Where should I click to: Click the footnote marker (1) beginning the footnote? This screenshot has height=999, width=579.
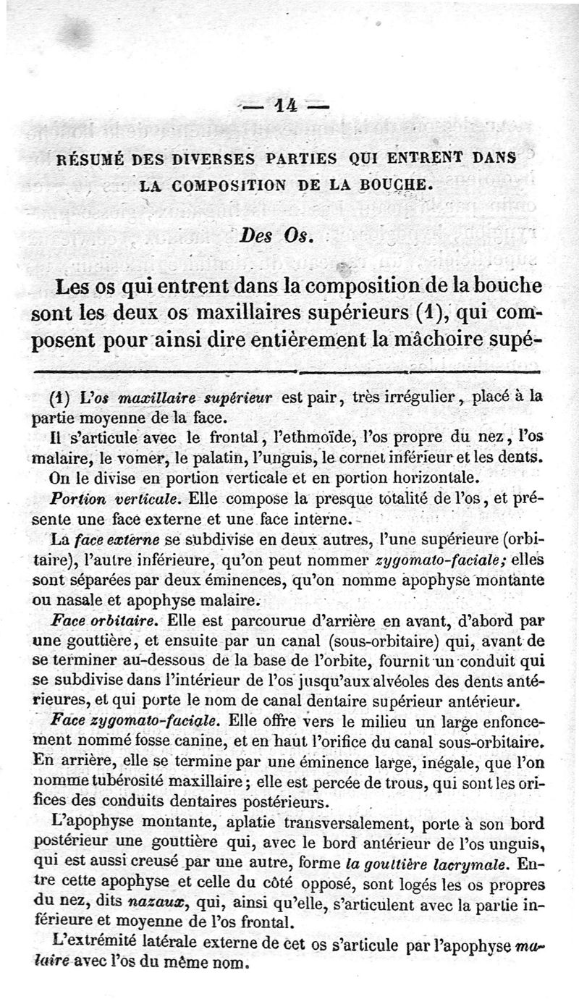[59, 397]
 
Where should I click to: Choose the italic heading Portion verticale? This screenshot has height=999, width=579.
[116, 499]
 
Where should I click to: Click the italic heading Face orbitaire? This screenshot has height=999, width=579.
[109, 621]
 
